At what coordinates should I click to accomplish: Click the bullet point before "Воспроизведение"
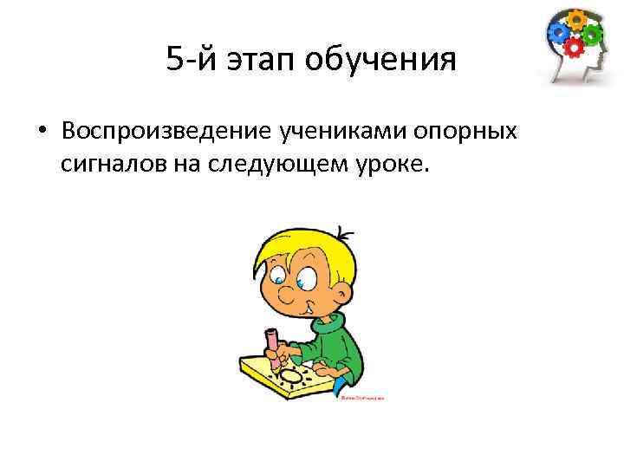point(42,132)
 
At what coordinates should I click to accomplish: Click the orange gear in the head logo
point(576,18)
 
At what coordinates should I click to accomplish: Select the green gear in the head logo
point(593,34)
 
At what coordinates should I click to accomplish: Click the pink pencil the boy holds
point(274,343)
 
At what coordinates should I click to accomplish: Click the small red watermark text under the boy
point(361,399)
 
